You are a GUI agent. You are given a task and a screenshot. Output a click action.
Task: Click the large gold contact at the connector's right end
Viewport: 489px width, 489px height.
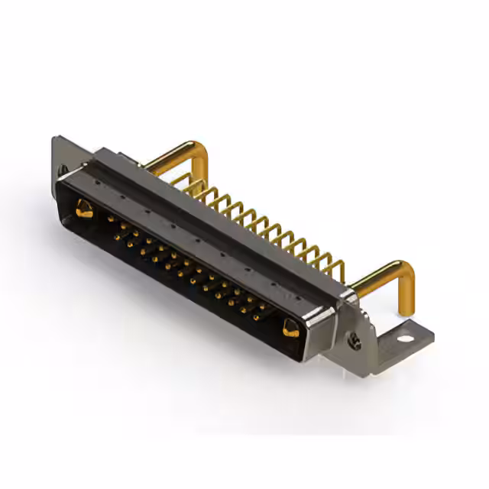coord(291,329)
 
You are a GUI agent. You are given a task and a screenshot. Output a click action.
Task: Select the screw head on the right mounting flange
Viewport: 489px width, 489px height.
coord(355,342)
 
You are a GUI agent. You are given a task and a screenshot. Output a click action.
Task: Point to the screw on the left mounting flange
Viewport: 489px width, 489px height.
coord(63,169)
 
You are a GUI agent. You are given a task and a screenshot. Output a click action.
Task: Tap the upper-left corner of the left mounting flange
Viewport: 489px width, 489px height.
coord(55,139)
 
